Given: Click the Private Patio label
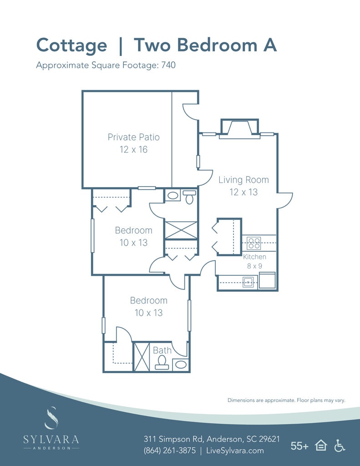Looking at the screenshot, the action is (x=133, y=143).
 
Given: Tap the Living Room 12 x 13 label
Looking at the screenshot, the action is (x=243, y=186).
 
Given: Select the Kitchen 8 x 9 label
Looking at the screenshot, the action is (x=254, y=261).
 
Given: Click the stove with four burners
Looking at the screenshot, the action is (x=254, y=243).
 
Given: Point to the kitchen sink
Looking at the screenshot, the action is (x=248, y=282).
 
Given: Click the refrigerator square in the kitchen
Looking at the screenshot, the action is (x=267, y=280).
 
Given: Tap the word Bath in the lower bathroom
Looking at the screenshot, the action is (x=162, y=350).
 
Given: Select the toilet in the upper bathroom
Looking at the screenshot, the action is (x=189, y=197).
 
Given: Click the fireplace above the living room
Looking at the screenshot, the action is (x=239, y=128).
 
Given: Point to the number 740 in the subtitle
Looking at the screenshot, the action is (x=168, y=65).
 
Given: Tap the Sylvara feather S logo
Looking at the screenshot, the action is (x=51, y=418).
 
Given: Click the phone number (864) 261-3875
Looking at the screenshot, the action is (x=169, y=451).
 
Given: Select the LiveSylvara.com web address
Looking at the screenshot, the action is (x=235, y=451).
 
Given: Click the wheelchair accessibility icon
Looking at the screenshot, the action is (x=339, y=446).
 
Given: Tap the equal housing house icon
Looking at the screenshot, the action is (x=321, y=446).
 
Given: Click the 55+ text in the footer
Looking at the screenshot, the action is (x=299, y=446).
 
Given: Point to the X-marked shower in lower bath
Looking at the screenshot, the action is (x=142, y=357).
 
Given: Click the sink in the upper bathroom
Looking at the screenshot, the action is (x=172, y=196).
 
